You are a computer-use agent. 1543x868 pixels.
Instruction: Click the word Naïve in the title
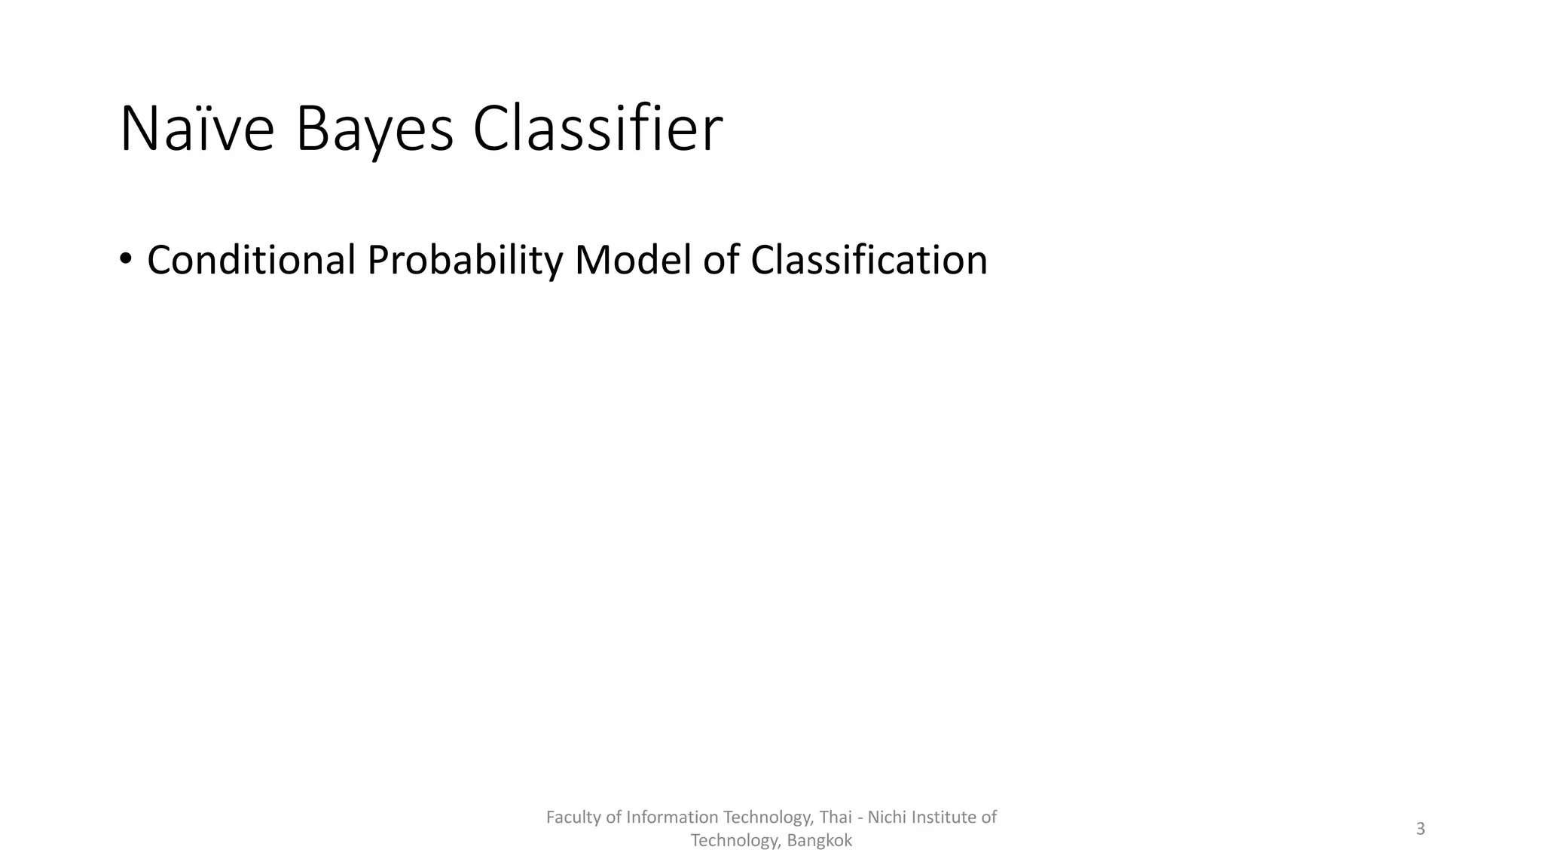[197, 130]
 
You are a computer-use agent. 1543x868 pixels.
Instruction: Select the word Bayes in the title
[374, 130]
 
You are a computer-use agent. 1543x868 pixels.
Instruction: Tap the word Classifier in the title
[597, 130]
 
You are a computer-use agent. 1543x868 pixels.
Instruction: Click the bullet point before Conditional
[125, 259]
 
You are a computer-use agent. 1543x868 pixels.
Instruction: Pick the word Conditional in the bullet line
[251, 260]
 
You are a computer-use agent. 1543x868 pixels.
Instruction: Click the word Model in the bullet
[632, 260]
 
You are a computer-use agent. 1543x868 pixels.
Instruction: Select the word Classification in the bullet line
[869, 260]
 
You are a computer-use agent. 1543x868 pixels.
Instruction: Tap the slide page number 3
[1420, 829]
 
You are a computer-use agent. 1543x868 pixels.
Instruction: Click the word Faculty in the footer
[573, 818]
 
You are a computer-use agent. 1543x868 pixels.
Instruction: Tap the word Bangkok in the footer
[819, 841]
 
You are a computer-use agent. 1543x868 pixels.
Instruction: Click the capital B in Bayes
[312, 130]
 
